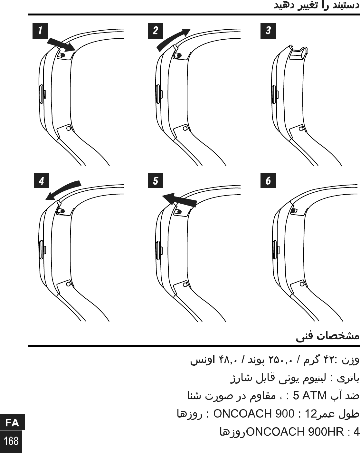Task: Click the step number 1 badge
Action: pyautogui.click(x=40, y=31)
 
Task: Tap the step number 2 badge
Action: pyautogui.click(x=156, y=31)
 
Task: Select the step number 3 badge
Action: pyautogui.click(x=268, y=31)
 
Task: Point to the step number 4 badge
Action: pyautogui.click(x=42, y=180)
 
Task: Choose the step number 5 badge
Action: pyautogui.click(x=156, y=180)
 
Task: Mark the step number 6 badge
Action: pyautogui.click(x=268, y=180)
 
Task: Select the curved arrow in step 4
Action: pyautogui.click(x=62, y=190)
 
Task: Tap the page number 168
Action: pyautogui.click(x=11, y=440)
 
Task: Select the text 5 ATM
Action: pyautogui.click(x=310, y=395)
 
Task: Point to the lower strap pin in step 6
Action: pyautogui.click(x=302, y=284)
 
